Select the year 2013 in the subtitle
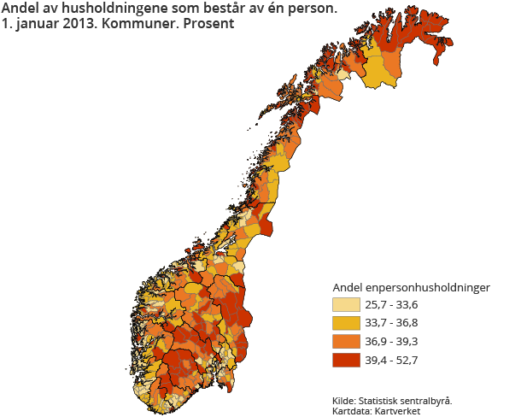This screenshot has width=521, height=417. click(75, 24)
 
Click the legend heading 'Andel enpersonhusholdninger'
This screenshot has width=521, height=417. click(410, 287)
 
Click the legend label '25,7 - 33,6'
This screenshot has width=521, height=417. click(391, 305)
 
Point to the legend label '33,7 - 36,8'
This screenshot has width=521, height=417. click(391, 324)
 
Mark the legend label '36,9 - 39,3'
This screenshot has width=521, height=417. click(391, 342)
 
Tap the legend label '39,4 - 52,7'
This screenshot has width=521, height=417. click(391, 361)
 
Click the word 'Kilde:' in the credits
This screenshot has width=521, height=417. click(344, 400)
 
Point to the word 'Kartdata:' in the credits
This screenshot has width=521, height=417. click(352, 411)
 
